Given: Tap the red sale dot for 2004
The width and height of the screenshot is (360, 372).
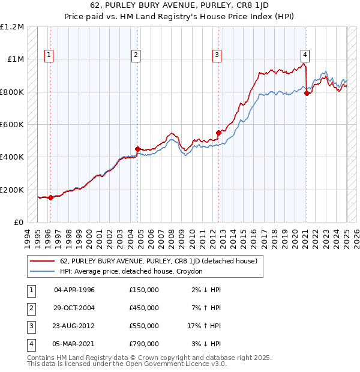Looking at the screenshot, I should [137, 149].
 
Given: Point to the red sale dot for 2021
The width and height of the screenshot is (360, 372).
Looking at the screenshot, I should [307, 93].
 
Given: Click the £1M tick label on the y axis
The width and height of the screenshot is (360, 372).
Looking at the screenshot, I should [16, 59].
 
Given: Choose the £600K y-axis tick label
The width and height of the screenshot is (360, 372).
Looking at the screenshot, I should [13, 125].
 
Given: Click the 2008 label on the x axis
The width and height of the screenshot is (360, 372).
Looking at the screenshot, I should [172, 236].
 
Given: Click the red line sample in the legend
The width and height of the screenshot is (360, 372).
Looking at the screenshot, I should [43, 261].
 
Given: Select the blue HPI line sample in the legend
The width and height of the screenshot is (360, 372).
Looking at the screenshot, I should [43, 271].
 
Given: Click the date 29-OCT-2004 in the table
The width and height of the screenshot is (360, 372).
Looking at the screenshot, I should [74, 308].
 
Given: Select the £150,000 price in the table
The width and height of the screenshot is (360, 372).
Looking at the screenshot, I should [144, 290].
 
